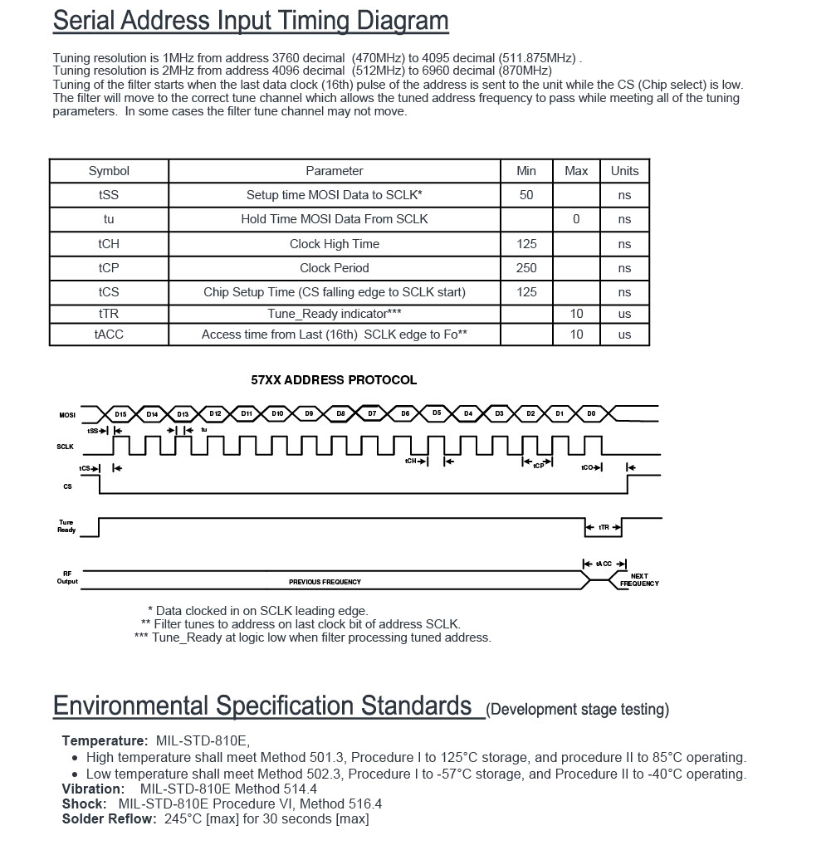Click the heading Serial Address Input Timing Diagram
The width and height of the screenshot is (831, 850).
point(250,21)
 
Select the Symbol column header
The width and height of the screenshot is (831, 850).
point(109,171)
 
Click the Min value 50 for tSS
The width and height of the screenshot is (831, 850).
point(526,195)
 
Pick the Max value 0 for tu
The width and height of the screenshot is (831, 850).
point(575,219)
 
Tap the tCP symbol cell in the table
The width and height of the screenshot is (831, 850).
point(109,268)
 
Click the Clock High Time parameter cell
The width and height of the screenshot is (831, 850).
point(334,244)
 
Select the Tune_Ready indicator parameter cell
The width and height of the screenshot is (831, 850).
point(334,314)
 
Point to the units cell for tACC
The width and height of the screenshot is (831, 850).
point(624,335)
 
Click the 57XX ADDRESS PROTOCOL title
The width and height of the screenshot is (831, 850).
point(334,380)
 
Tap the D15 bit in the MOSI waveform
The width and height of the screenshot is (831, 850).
point(121,413)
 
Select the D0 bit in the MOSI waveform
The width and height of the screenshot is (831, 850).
point(591,413)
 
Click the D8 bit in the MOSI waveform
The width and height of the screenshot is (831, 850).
point(340,413)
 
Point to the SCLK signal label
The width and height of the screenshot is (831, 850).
point(66,447)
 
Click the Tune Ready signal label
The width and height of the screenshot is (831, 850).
point(66,526)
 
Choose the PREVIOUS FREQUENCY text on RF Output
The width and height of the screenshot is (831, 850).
point(325,582)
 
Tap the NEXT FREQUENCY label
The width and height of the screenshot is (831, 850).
point(639,579)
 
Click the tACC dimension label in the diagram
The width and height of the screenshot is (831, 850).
point(604,564)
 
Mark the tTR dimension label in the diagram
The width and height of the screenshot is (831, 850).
point(604,528)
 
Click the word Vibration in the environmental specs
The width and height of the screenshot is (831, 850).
point(93,789)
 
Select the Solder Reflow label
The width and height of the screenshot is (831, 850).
point(109,819)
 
